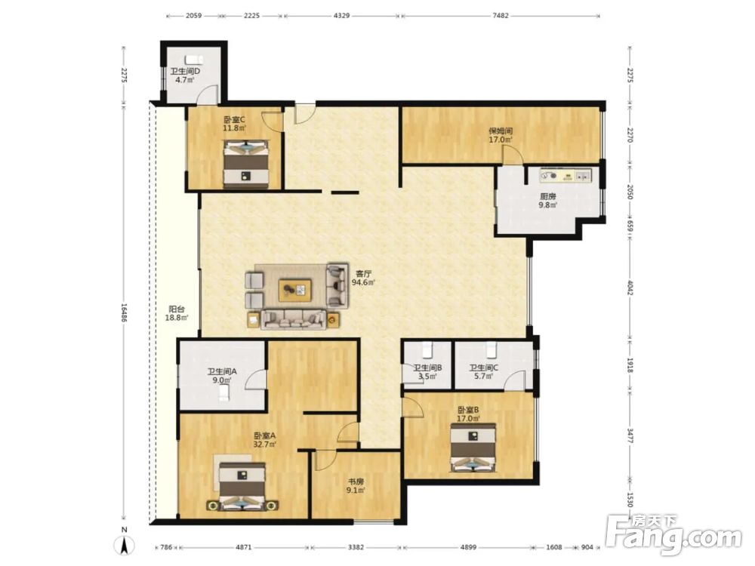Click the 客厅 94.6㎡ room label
364,278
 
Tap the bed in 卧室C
246,164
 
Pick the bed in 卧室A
242,486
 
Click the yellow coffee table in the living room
294,291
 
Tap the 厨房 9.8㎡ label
548,201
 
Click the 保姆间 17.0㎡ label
501,135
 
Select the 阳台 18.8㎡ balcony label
176,313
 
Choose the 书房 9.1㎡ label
356,485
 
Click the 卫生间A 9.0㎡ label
222,376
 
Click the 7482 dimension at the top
501,15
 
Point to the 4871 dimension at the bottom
244,547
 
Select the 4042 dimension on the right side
630,287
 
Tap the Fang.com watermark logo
674,534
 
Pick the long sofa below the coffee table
293,319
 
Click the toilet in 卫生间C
491,350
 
